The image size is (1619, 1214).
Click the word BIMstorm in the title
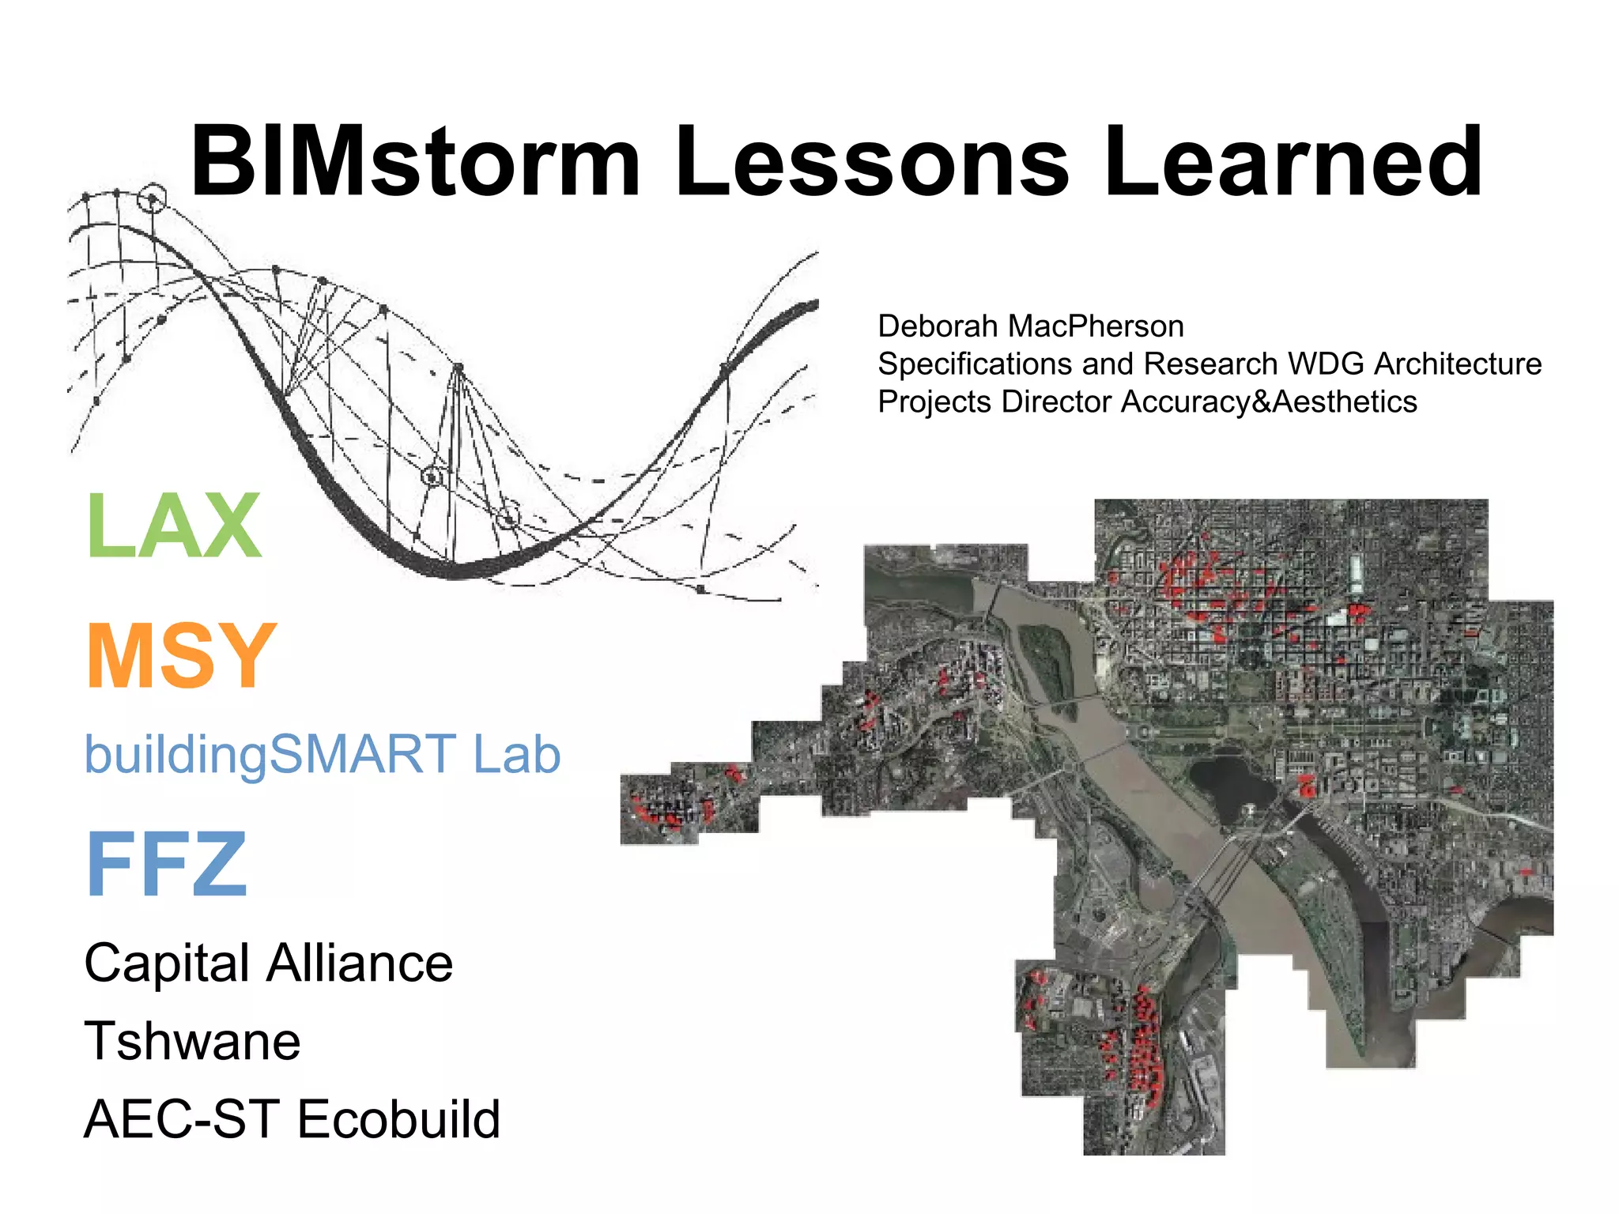[415, 162]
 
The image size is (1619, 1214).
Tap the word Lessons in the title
[871, 162]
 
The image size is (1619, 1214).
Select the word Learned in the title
[1292, 162]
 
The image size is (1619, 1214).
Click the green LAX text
[174, 526]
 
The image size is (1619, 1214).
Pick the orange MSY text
[181, 656]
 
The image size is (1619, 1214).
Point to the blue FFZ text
[167, 865]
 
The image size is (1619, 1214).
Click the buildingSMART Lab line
[323, 755]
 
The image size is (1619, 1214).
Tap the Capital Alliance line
[269, 963]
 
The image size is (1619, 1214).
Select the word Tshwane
[192, 1041]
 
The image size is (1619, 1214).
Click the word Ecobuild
[398, 1119]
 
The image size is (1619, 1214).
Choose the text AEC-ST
[182, 1119]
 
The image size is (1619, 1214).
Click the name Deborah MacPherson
[1030, 326]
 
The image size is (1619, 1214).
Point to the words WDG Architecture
[1414, 364]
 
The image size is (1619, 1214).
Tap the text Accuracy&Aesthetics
[1268, 402]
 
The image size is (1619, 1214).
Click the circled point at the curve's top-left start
[152, 198]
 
